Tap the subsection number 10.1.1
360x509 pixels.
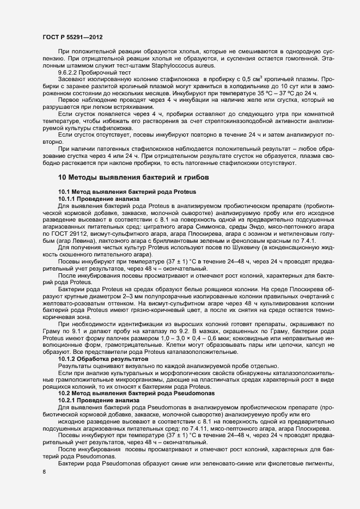(69, 200)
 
